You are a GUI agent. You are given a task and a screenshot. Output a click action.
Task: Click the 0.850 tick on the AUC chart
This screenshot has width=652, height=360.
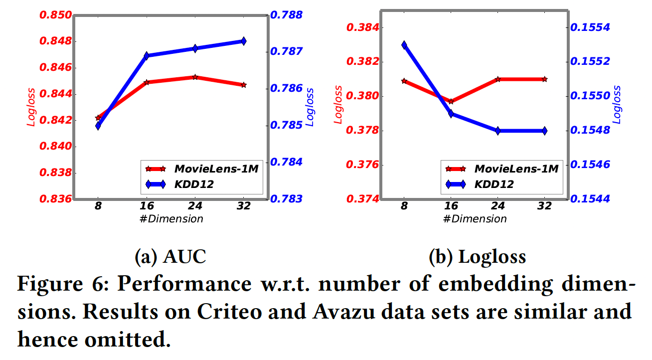pyautogui.click(x=53, y=15)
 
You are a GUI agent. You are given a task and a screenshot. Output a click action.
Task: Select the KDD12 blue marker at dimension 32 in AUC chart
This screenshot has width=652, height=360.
pyautogui.click(x=243, y=41)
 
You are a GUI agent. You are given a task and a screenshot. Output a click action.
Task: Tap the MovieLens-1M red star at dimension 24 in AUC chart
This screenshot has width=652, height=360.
pyautogui.click(x=195, y=77)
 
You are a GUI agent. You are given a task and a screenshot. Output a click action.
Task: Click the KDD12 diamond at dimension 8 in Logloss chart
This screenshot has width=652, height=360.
pyautogui.click(x=404, y=45)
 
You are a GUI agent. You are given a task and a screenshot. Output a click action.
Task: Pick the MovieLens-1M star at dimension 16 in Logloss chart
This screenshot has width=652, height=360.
pyautogui.click(x=451, y=101)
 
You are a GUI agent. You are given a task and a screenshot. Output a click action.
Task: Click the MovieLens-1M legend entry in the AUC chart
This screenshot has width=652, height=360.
pyautogui.click(x=216, y=169)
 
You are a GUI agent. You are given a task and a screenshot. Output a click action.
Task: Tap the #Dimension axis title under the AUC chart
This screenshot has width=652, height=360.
pyautogui.click(x=170, y=218)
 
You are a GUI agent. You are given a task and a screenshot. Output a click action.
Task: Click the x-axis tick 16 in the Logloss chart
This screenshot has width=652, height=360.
pyautogui.click(x=451, y=206)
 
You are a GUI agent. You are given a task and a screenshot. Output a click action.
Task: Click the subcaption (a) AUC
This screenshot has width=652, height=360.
pyautogui.click(x=170, y=257)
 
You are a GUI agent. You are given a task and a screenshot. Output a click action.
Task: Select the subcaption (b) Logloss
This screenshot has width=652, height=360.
pyautogui.click(x=477, y=257)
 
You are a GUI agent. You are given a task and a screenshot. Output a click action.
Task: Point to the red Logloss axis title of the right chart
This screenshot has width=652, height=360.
pyautogui.click(x=338, y=105)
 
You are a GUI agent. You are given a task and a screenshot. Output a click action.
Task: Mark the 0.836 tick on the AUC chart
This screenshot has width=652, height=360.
pyautogui.click(x=53, y=199)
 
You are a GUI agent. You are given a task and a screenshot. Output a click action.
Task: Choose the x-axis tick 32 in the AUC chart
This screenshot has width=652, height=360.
pyautogui.click(x=243, y=206)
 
